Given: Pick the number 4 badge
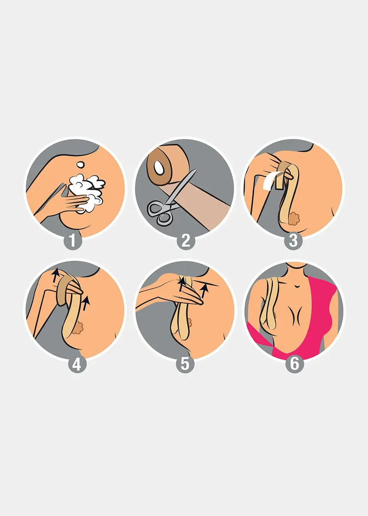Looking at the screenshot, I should coord(76,364).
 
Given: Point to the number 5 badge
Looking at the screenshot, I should coord(185,364).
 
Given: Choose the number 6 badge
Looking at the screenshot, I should coord(294,364).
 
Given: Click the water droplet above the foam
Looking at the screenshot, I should coord(80,164).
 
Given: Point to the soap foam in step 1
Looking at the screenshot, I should coord(86,189).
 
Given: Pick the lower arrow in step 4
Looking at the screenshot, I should coord(86,303).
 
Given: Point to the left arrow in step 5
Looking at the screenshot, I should coord(182,284).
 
